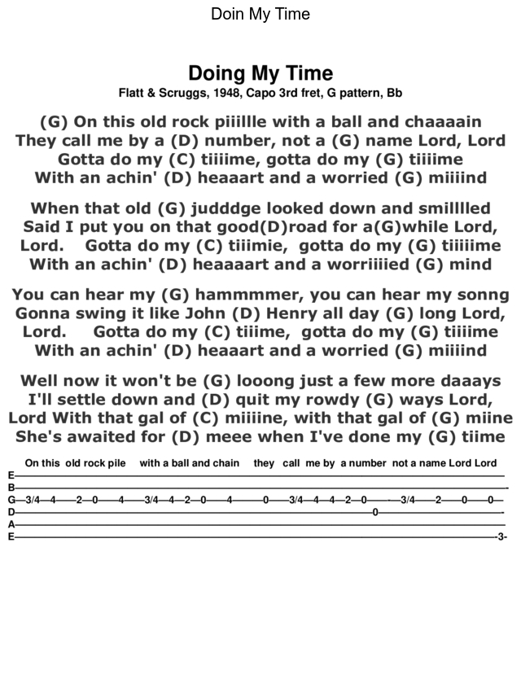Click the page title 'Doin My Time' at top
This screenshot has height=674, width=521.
(260, 15)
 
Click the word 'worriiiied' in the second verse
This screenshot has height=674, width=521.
(366, 265)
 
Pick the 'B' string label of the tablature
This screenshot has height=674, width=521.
(11, 488)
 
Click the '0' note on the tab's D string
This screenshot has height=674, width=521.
(374, 512)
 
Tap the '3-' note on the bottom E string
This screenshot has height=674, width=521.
(501, 537)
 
